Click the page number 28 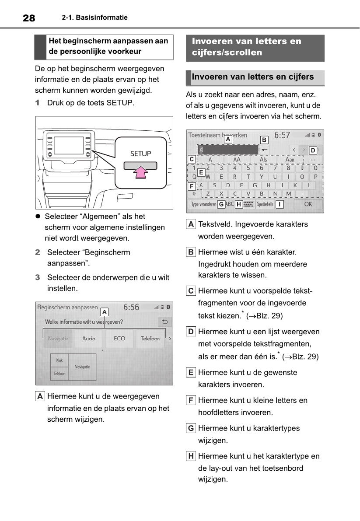pyautogui.click(x=29, y=18)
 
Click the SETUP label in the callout pyautogui.click(x=140, y=154)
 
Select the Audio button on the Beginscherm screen pyautogui.click(x=89, y=339)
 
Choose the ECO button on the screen pyautogui.click(x=119, y=339)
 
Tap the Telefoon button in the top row pyautogui.click(x=150, y=339)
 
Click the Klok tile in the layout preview pyautogui.click(x=59, y=360)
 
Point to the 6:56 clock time pyautogui.click(x=131, y=308)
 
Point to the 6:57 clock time pyautogui.click(x=282, y=136)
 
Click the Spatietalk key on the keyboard pyautogui.click(x=265, y=204)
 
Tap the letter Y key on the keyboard pyautogui.click(x=262, y=177)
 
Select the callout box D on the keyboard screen pyautogui.click(x=313, y=150)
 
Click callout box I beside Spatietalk pyautogui.click(x=280, y=204)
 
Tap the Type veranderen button pyautogui.click(x=203, y=204)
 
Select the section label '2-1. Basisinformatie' pyautogui.click(x=95, y=17)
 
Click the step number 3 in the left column pyautogui.click(x=38, y=277)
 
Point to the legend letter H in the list pyautogui.click(x=191, y=456)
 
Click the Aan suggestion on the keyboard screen pyautogui.click(x=290, y=160)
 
